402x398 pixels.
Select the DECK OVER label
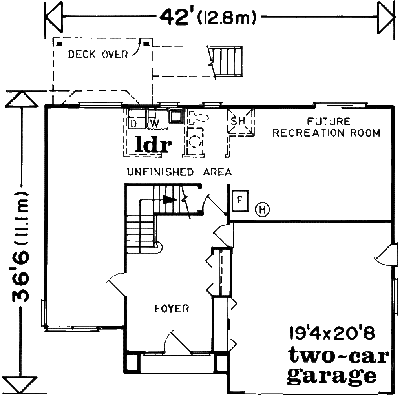98,54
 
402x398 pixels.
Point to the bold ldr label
153,144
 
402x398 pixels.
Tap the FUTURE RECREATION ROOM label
326,127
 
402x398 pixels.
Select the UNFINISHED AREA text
179,172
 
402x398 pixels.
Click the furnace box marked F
240,201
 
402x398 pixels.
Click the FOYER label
172,308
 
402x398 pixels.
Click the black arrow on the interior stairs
170,199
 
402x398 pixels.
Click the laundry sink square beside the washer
176,116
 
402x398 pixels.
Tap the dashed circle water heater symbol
196,141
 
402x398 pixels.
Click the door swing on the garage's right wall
385,255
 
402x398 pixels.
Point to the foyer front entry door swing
177,342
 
